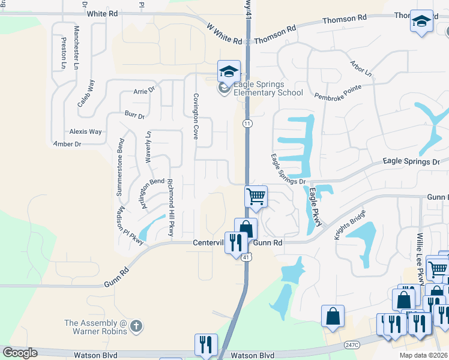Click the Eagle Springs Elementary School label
(x=268, y=89)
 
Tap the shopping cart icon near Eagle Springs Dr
(x=256, y=196)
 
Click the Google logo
(x=20, y=353)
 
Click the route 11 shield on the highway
(x=247, y=123)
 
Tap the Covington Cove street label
(x=195, y=116)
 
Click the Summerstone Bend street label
(x=121, y=167)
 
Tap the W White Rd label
(x=223, y=35)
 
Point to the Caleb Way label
(x=86, y=93)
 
